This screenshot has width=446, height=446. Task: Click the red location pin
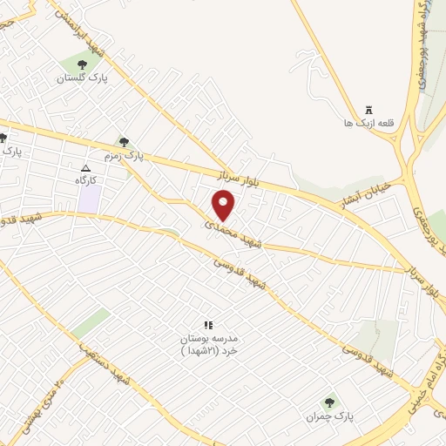[224, 206]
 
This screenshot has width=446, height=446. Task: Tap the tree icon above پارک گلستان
[82, 64]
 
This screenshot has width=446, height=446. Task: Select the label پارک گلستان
[81, 78]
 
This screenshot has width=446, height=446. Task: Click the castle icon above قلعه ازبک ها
[368, 111]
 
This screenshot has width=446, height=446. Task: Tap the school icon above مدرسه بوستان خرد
[208, 324]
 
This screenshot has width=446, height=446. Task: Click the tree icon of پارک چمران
[329, 402]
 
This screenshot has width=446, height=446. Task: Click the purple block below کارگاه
[89, 199]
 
